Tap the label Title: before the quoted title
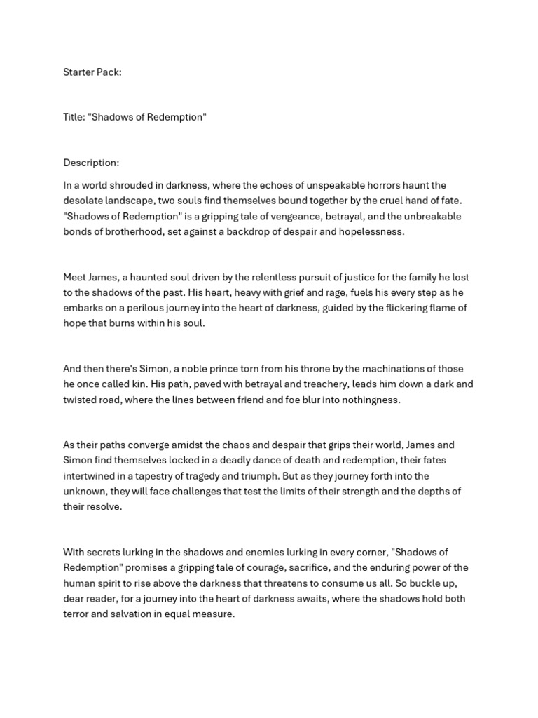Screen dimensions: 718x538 click(x=74, y=117)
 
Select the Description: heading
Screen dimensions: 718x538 click(x=91, y=163)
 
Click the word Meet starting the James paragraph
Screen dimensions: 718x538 click(x=75, y=277)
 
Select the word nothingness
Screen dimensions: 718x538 click(x=366, y=400)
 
